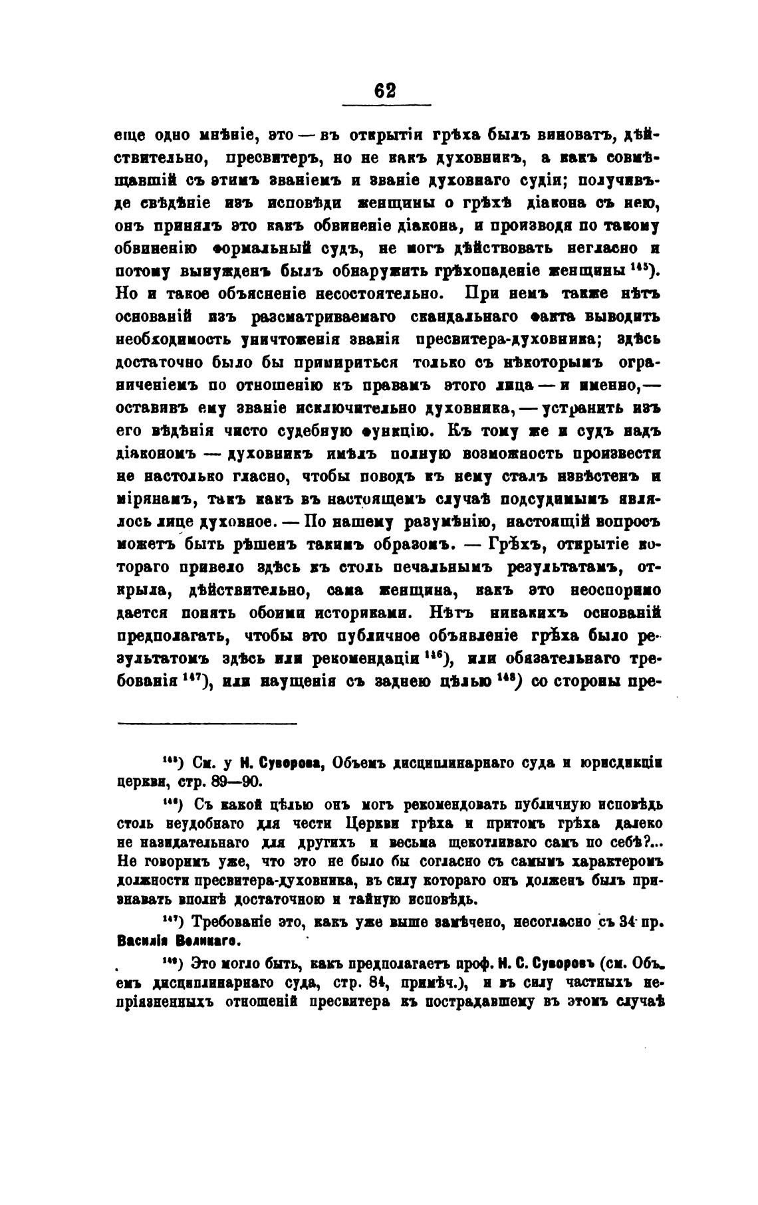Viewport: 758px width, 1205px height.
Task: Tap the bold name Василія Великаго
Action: point(178,941)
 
